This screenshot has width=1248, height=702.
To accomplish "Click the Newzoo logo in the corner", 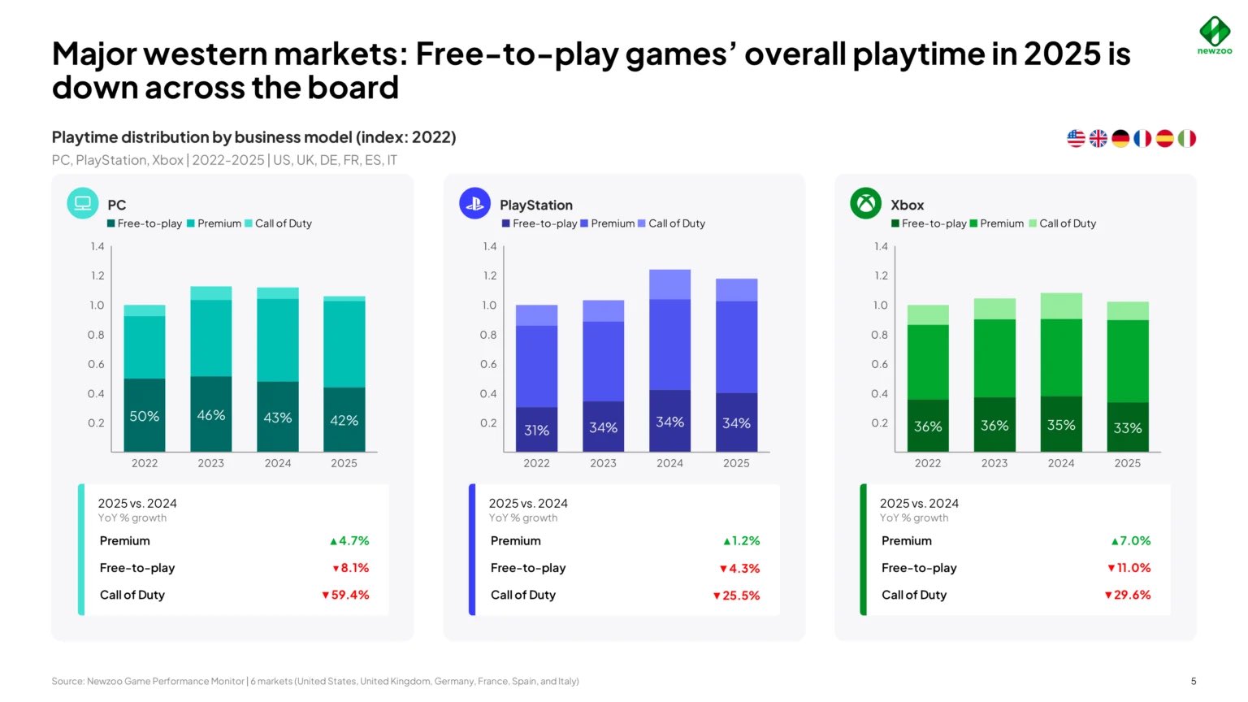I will pyautogui.click(x=1215, y=34).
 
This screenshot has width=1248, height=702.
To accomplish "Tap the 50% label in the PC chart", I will pyautogui.click(x=145, y=416).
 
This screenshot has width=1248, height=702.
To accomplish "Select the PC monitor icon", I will pyautogui.click(x=83, y=203).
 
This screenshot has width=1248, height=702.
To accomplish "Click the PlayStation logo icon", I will pyautogui.click(x=474, y=203).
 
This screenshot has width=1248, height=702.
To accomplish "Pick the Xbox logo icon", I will pyautogui.click(x=865, y=203).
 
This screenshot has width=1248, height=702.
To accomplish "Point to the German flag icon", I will pyautogui.click(x=1120, y=139).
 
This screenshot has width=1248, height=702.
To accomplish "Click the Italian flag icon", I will pyautogui.click(x=1187, y=139).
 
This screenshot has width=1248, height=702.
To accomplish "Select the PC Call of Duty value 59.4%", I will pyautogui.click(x=346, y=595).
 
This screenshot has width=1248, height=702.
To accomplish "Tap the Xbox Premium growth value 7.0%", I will pyautogui.click(x=1131, y=540).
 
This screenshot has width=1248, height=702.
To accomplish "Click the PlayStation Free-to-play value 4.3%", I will pyautogui.click(x=740, y=568).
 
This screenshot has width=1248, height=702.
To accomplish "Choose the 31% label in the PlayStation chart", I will pyautogui.click(x=536, y=430).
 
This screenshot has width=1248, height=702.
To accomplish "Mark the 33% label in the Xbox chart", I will pyautogui.click(x=1127, y=427).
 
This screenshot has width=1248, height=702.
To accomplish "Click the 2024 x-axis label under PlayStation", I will pyautogui.click(x=669, y=463).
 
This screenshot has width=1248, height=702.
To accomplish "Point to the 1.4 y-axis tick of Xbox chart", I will pyautogui.click(x=881, y=246).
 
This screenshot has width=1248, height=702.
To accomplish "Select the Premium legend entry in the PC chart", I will pyautogui.click(x=215, y=223).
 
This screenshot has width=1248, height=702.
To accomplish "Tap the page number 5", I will pyautogui.click(x=1194, y=681).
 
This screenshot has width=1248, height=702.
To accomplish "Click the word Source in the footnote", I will pyautogui.click(x=67, y=681).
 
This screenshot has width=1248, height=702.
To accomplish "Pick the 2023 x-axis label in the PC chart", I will pyautogui.click(x=210, y=463).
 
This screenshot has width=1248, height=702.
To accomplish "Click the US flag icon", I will pyautogui.click(x=1076, y=139).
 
